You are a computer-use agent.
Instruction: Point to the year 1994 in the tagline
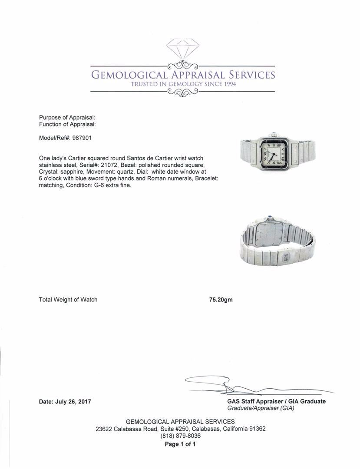coord(228,84)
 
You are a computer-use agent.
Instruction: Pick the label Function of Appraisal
coord(67,124)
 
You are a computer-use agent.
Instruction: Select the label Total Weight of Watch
coord(68,300)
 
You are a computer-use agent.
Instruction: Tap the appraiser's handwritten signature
coord(243,384)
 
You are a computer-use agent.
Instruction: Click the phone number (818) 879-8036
coord(180,436)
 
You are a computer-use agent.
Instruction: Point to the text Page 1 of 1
coord(180,444)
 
